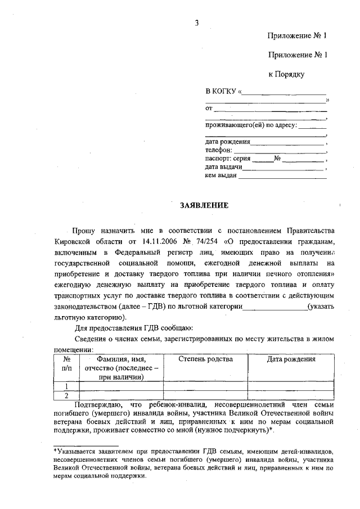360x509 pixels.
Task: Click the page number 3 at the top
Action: pyautogui.click(x=196, y=22)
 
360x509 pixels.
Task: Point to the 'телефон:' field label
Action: pyautogui.click(x=218, y=151)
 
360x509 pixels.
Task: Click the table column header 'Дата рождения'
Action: pyautogui.click(x=291, y=359)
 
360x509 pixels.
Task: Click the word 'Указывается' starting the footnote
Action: pyautogui.click(x=76, y=452)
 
